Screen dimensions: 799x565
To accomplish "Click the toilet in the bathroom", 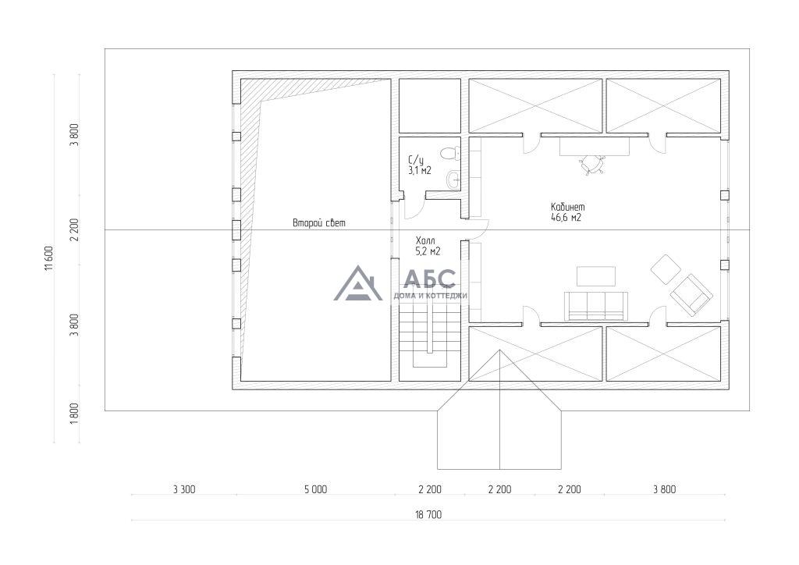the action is point(450,152).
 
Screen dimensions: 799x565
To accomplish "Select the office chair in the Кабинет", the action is point(593,164).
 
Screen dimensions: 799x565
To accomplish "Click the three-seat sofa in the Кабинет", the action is point(595,306).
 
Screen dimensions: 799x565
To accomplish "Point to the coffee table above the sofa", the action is point(595,276).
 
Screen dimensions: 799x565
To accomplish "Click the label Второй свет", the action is point(319,222).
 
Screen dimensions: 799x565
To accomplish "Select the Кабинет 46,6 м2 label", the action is point(568,212).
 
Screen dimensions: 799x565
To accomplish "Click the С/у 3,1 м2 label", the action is point(420,165).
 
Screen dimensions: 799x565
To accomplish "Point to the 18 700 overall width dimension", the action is point(428,514).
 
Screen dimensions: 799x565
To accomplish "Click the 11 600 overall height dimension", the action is point(48,259).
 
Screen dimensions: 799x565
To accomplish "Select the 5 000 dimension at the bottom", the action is point(316,489).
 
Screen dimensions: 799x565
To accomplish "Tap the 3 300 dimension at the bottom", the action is point(184,489).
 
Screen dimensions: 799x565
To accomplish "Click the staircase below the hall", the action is point(430,334).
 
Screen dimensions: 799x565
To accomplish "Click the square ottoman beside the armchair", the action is point(666,269).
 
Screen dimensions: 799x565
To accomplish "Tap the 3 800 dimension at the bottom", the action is point(665,489).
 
